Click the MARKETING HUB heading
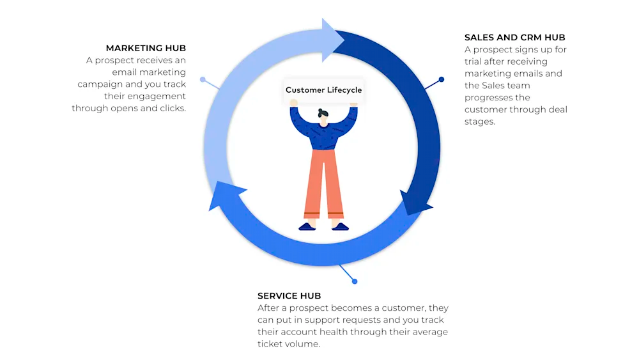coord(146,48)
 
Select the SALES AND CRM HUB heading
coord(514,38)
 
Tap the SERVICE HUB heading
coord(289,295)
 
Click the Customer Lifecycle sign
coord(323,90)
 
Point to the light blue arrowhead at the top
coord(332,40)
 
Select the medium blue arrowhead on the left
coord(226,194)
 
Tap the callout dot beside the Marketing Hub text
coord(203,79)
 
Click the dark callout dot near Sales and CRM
coord(442,79)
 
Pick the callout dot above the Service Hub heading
coord(355,281)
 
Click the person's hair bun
coord(321,111)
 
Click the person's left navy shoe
coord(307,227)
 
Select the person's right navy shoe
coord(340,227)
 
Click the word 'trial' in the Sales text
coord(473,61)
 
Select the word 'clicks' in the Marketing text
coord(173,108)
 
